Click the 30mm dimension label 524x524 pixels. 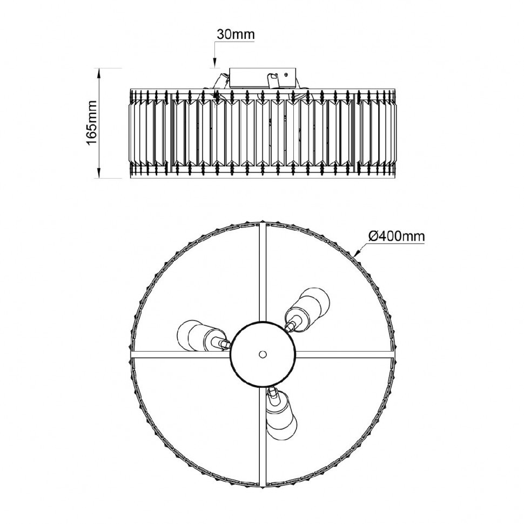(236, 34)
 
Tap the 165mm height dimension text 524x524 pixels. (92, 123)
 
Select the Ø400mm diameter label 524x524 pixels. (397, 237)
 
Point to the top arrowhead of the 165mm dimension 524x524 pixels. (99, 73)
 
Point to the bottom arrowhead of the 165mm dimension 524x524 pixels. (99, 173)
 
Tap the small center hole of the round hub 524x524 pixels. (263, 354)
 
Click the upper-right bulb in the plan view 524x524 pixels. (307, 308)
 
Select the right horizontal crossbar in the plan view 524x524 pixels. (345, 354)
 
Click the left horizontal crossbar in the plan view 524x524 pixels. (180, 355)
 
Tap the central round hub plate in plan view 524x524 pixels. (263, 354)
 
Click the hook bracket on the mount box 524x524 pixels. (273, 79)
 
